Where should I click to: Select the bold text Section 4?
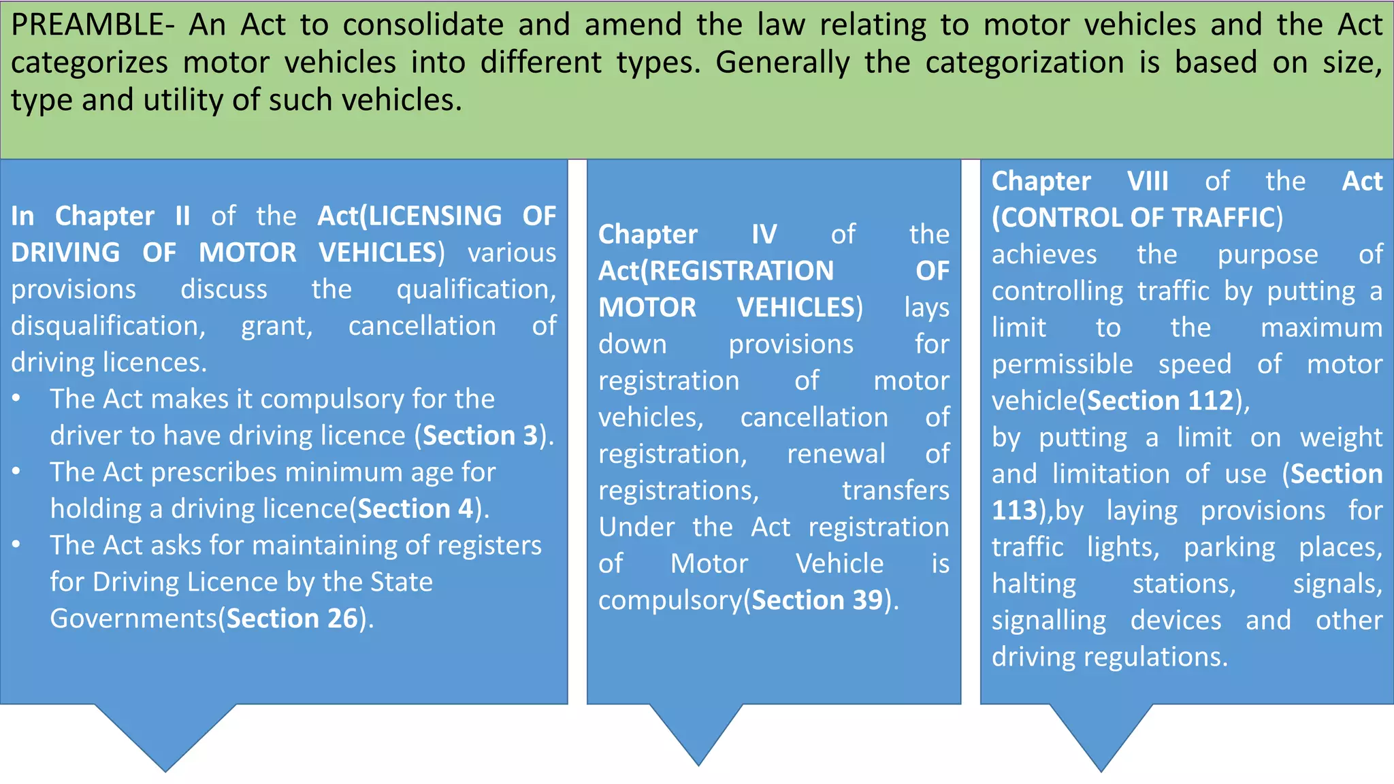pyautogui.click(x=415, y=509)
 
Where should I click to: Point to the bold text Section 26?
pyautogui.click(x=292, y=619)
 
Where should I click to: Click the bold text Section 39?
pyautogui.click(x=817, y=600)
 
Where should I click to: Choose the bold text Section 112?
pyautogui.click(x=1161, y=401)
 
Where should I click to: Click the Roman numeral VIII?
pyautogui.click(x=1148, y=182)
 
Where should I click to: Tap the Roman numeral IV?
pyautogui.click(x=764, y=235)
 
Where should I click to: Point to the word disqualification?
pyautogui.click(x=108, y=326)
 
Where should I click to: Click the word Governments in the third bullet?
pyautogui.click(x=133, y=619)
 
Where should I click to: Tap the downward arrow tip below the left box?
pyautogui.click(x=165, y=770)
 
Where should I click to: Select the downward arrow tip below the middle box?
pyautogui.click(x=698, y=764)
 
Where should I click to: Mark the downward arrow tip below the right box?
pyautogui.click(x=1101, y=770)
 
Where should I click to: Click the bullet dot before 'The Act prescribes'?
pyautogui.click(x=16, y=472)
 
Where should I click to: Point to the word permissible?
pyautogui.click(x=1062, y=365)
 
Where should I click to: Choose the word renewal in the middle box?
pyautogui.click(x=836, y=454)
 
